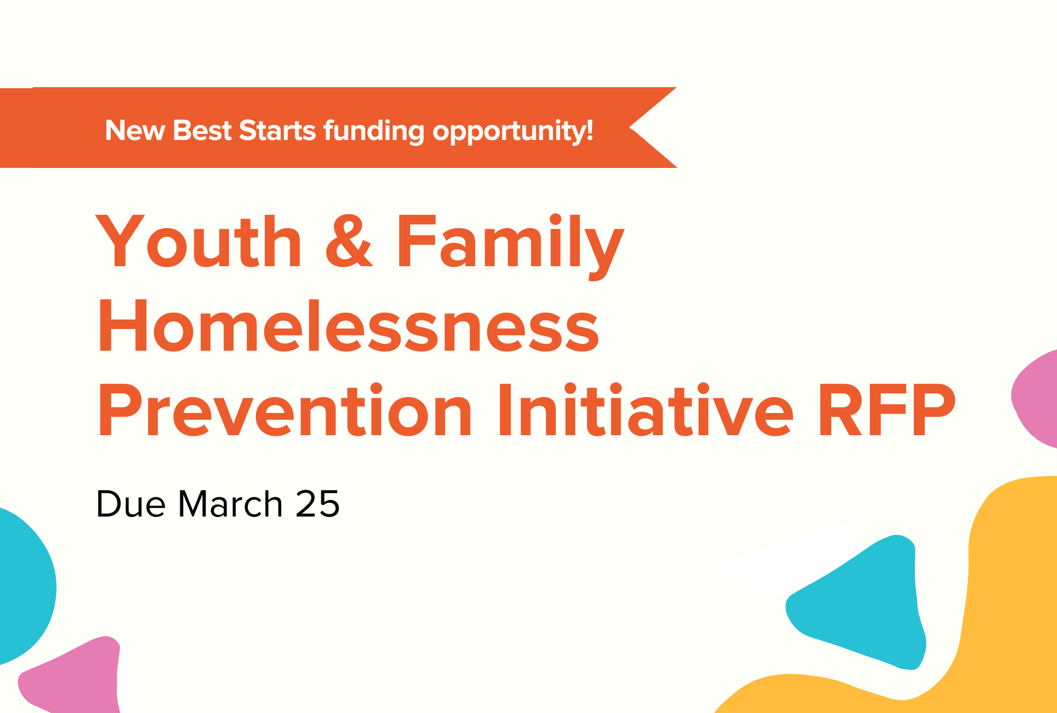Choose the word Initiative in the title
pyautogui.click(x=645, y=411)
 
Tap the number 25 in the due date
pyautogui.click(x=318, y=504)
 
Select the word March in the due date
pyautogui.click(x=230, y=504)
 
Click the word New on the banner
pyautogui.click(x=135, y=130)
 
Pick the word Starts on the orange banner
pyautogui.click(x=277, y=130)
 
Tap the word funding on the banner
pyautogui.click(x=374, y=131)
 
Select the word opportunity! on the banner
pyautogui.click(x=513, y=131)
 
